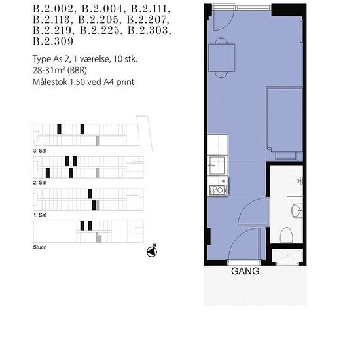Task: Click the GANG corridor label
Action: tap(245, 271)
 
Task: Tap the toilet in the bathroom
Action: tap(286, 236)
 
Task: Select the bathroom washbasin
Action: tap(297, 209)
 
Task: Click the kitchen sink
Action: tap(217, 166)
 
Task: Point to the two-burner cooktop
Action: tap(218, 190)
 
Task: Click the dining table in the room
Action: tap(222, 58)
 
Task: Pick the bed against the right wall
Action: tap(285, 124)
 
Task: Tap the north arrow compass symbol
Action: tap(152, 251)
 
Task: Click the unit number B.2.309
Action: tap(53, 41)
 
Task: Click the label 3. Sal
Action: tap(40, 151)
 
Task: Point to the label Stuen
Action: tap(40, 247)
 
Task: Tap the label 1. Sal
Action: tap(40, 215)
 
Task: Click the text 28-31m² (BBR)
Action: tap(60, 71)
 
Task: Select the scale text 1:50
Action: tap(77, 82)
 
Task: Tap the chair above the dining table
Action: tap(221, 41)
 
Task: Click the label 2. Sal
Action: tap(40, 183)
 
